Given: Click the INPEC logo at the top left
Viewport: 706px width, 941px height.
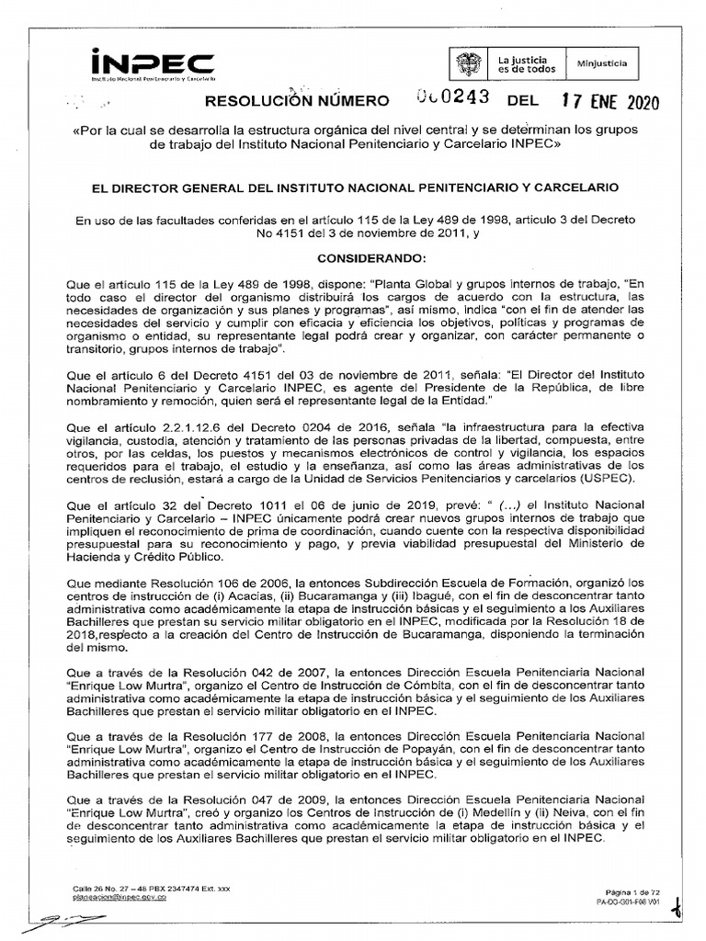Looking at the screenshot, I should [153, 65].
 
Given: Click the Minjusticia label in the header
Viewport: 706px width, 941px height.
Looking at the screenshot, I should [601, 63].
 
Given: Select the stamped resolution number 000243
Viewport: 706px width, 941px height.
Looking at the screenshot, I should [450, 99].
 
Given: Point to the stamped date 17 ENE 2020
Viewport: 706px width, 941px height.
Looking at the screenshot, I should [610, 101].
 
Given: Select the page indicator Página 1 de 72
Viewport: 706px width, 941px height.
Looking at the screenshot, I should [633, 892].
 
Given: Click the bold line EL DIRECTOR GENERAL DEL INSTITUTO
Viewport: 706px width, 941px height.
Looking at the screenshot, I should [353, 187].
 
